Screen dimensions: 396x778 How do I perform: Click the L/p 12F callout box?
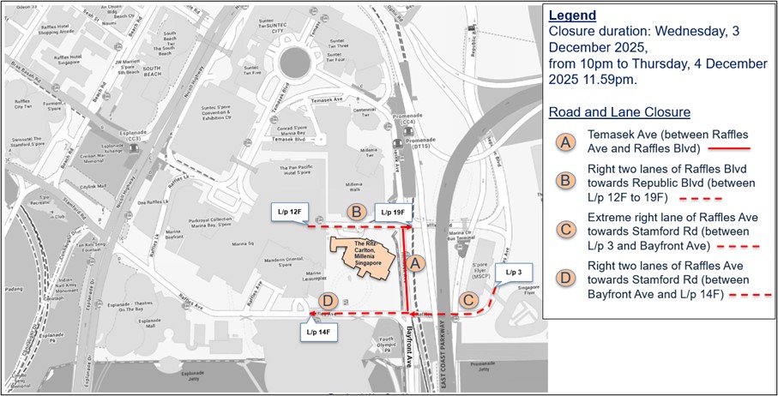click(x=286, y=211)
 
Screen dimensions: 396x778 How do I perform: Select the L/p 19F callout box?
click(x=390, y=211)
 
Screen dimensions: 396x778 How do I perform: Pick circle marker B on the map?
click(x=353, y=211)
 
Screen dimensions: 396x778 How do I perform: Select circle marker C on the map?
click(x=469, y=300)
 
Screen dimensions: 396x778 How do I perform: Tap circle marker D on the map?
click(x=327, y=300)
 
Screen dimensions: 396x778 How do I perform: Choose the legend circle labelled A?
click(x=566, y=141)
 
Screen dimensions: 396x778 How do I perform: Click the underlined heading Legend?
click(x=572, y=15)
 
